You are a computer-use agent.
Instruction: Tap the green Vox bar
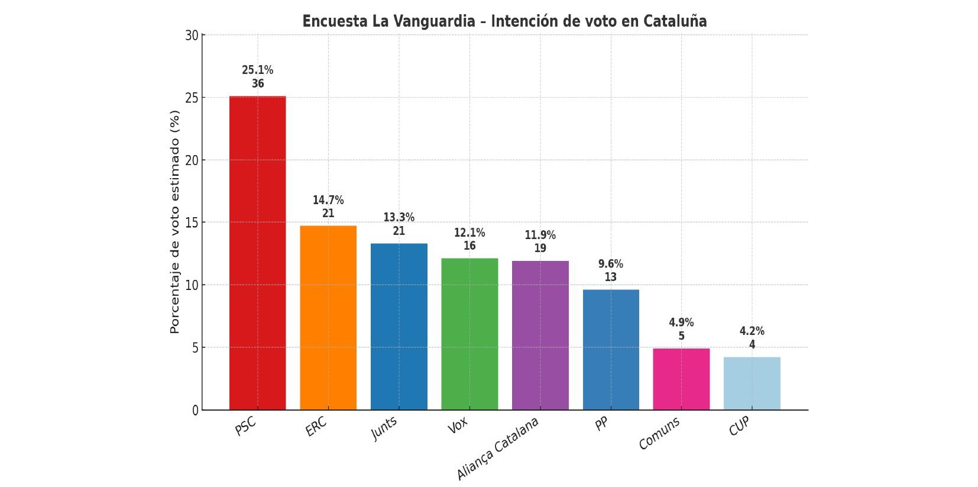pyautogui.click(x=469, y=334)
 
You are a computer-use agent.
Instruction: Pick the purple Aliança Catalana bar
pyautogui.click(x=540, y=336)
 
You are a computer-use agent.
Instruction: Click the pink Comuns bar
pyautogui.click(x=681, y=379)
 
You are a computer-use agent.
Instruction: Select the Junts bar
pyautogui.click(x=399, y=327)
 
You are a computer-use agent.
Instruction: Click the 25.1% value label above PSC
pyautogui.click(x=257, y=70)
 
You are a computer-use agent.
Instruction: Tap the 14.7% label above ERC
pyautogui.click(x=328, y=200)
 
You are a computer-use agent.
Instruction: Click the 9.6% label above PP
pyautogui.click(x=610, y=264)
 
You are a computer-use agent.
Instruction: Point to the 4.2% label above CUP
pyautogui.click(x=752, y=331)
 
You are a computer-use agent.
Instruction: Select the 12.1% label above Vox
pyautogui.click(x=469, y=233)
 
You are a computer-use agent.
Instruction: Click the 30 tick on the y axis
pyautogui.click(x=192, y=36)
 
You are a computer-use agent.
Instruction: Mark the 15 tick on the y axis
pyautogui.click(x=192, y=222)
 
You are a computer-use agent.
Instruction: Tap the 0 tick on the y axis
pyautogui.click(x=195, y=411)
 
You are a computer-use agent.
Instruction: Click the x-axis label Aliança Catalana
pyautogui.click(x=498, y=448)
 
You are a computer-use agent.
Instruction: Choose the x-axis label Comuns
pyautogui.click(x=659, y=433)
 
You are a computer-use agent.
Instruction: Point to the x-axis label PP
pyautogui.click(x=601, y=424)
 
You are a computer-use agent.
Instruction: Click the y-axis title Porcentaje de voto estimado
pyautogui.click(x=174, y=222)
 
